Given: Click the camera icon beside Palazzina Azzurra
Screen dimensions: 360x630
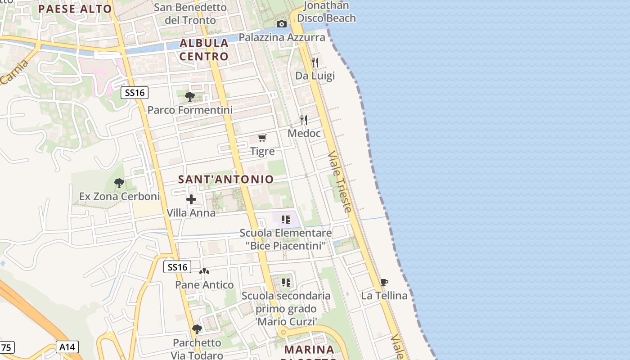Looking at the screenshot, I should coord(282,24).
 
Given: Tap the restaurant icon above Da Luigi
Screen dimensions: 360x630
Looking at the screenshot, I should coord(315,62).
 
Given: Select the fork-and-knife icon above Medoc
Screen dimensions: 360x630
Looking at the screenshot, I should coord(304,120).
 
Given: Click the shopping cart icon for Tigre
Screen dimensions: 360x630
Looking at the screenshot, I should coord(262,138).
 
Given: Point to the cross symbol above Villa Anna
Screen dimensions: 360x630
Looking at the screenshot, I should coord(191,199).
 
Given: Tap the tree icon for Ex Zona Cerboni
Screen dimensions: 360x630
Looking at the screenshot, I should coord(119,183).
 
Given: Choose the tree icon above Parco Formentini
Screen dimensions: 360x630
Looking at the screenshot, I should coord(190,96).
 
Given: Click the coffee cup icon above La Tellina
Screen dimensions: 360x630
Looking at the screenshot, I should coord(384,282).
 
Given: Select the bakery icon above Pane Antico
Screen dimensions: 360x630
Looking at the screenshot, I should coord(204,271).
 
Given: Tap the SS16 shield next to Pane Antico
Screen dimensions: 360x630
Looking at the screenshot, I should coord(177,267).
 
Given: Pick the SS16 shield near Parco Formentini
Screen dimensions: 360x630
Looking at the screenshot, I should coord(135,93).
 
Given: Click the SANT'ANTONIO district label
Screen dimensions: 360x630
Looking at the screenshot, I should coord(226,179).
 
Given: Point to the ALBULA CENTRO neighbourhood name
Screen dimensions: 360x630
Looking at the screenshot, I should coord(204,49).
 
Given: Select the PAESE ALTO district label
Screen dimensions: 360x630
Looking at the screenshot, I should coord(75,9).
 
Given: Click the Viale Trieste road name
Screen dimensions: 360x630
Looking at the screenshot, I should coord(340,182).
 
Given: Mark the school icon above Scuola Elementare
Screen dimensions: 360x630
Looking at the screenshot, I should coord(286,220).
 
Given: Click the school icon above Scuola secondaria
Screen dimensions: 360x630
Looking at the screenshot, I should coord(286,283).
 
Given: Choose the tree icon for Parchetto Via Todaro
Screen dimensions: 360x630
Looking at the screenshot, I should coord(197,329).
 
